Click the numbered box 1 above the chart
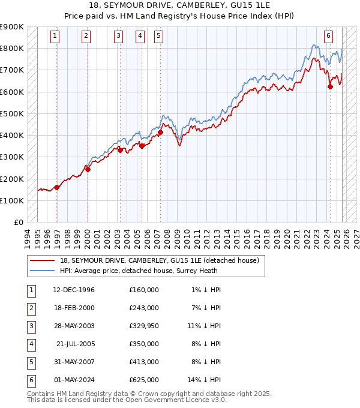pos(55,36)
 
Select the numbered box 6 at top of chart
pos(329,36)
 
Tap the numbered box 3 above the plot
pos(119,36)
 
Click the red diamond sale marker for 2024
pos(330,87)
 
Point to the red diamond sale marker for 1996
pos(57,187)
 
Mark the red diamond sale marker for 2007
pos(161,133)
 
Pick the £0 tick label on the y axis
pos(18,222)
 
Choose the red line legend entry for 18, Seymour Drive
pos(159,260)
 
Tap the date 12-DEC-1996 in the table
pos(74,290)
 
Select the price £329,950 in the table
pos(143,326)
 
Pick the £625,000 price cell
pos(143,380)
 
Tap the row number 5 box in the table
pos(30,362)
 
